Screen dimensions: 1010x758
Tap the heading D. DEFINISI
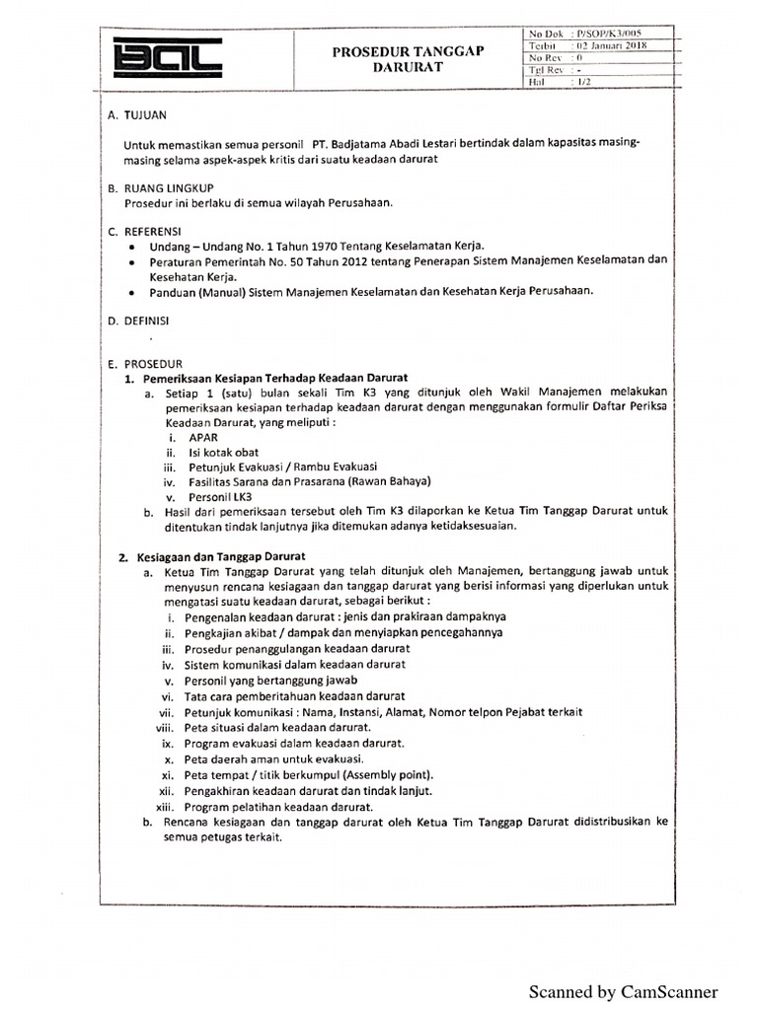(144, 322)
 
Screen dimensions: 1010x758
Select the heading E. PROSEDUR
(146, 364)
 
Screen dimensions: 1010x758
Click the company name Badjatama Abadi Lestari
(395, 144)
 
